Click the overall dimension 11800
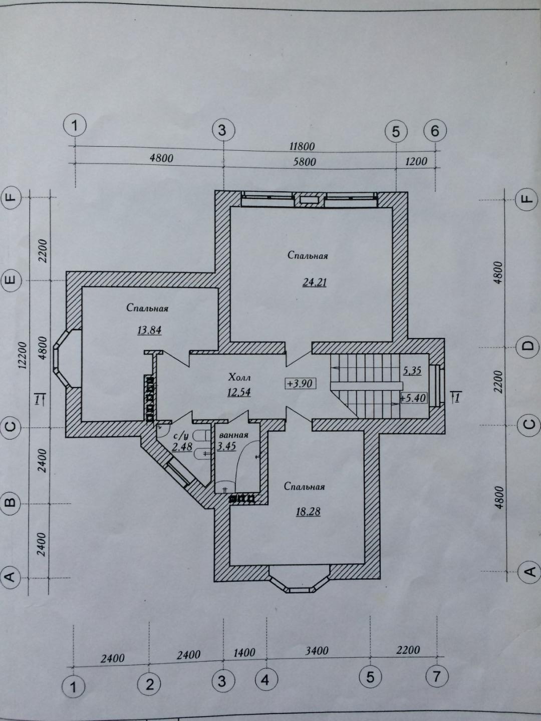(302, 146)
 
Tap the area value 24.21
(315, 282)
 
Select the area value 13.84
(149, 330)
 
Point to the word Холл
(239, 378)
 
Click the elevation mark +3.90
(300, 384)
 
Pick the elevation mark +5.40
(413, 399)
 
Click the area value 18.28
(308, 511)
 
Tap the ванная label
(233, 435)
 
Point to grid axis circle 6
(435, 131)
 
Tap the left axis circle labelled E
(11, 280)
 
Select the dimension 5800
(305, 162)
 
